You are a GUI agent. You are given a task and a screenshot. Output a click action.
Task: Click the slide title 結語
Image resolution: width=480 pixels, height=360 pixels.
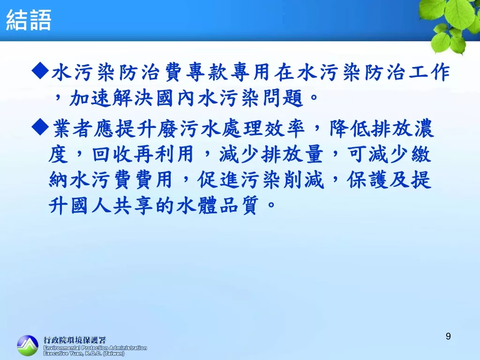point(29,20)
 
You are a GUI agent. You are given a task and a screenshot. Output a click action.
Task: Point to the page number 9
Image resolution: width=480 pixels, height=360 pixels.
point(448,337)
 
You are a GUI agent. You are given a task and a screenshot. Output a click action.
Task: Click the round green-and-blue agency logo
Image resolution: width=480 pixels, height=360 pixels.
point(28,345)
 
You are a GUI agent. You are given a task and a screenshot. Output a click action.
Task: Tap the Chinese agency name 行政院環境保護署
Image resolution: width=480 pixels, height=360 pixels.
point(75,340)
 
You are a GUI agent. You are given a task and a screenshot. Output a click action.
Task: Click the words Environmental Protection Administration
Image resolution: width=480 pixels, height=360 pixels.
point(95,348)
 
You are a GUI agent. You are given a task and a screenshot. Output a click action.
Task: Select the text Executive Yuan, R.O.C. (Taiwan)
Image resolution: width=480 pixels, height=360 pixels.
point(84,353)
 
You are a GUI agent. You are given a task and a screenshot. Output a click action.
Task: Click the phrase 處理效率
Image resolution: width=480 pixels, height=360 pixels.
point(263,128)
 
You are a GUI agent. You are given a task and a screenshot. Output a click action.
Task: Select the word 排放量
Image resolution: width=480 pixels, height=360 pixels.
point(292,154)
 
